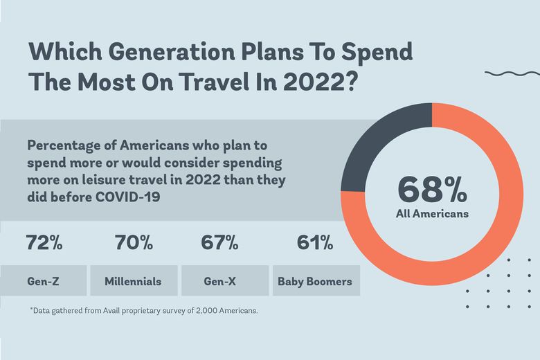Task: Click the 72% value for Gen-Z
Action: [44, 243]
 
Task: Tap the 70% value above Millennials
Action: [134, 243]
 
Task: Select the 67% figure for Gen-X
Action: [219, 243]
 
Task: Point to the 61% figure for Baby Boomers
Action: [315, 243]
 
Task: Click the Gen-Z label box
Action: [44, 281]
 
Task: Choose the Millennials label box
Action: [133, 281]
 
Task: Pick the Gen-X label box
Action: [224, 281]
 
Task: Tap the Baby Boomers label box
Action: [315, 281]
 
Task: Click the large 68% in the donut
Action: [432, 190]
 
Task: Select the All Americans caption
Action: [432, 214]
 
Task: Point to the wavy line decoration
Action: [512, 73]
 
